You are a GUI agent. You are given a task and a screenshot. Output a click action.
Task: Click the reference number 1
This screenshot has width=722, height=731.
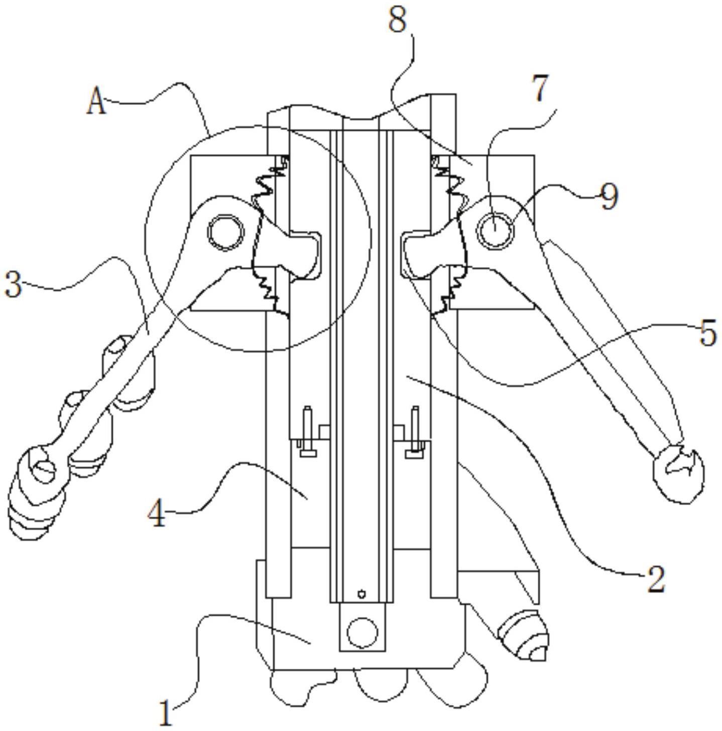click(166, 712)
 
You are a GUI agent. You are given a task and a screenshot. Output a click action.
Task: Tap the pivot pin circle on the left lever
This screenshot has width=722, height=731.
click(225, 232)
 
